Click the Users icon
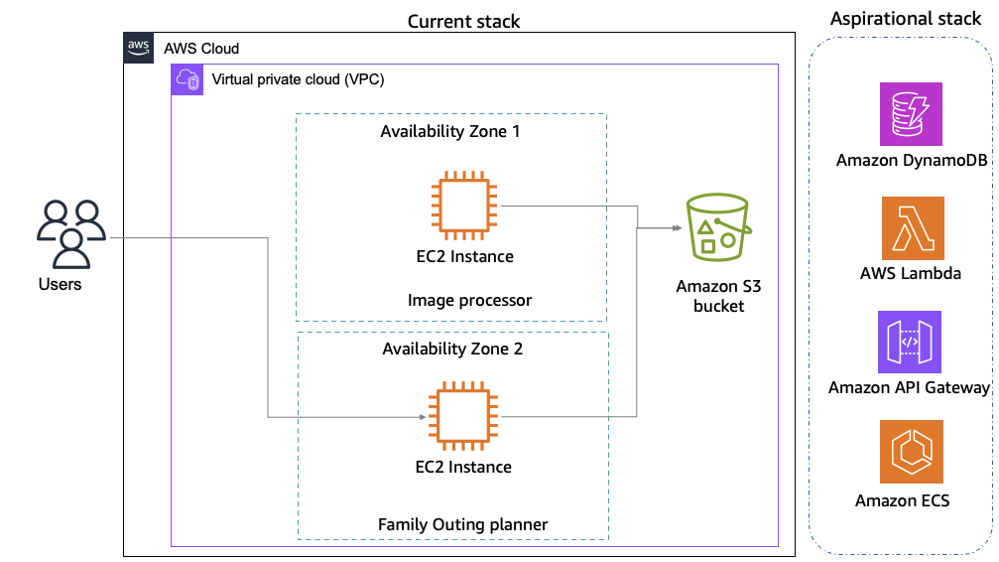pos(69,233)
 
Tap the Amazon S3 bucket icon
pos(717,227)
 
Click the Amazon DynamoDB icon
pos(912,114)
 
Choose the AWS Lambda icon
pos(912,227)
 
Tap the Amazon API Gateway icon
pos(910,341)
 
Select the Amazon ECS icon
pos(912,452)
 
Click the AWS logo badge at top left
pos(139,48)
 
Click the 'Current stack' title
pos(463,21)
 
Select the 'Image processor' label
pos(469,300)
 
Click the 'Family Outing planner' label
pos(462,524)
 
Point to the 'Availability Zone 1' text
pos(450,132)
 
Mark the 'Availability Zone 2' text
pos(452,349)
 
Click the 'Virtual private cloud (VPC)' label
pos(299,79)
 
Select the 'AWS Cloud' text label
pos(201,48)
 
